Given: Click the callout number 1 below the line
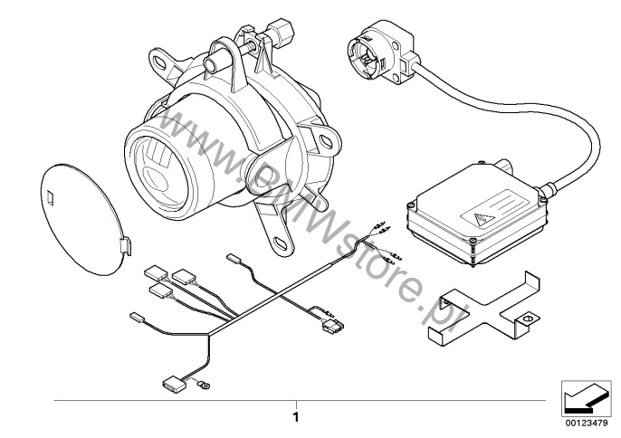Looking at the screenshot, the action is click(x=295, y=417).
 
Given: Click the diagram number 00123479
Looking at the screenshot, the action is click(x=587, y=424).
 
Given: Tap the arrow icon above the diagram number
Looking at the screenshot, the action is click(x=587, y=399).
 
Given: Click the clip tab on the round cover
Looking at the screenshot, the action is click(x=126, y=246).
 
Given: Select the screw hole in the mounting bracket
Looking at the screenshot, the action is click(x=526, y=318).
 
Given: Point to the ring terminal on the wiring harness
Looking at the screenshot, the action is click(x=205, y=383).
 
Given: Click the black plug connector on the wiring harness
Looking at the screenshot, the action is click(x=334, y=326).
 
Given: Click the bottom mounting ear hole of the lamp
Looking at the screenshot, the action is click(x=281, y=243).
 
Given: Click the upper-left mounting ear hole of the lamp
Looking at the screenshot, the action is click(x=160, y=62).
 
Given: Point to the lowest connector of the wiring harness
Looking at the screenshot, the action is click(x=171, y=384).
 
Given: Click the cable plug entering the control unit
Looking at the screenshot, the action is click(x=546, y=189).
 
